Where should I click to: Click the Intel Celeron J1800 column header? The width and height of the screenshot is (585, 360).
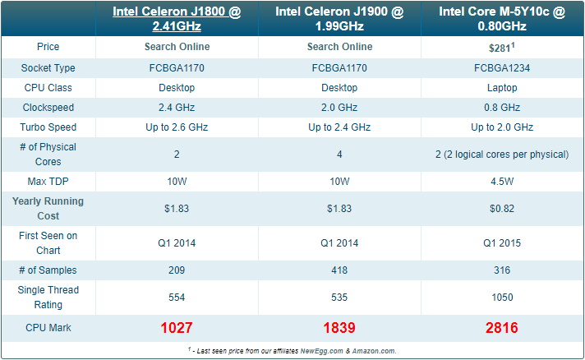pyautogui.click(x=177, y=19)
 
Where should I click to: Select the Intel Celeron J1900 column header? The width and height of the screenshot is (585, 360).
pyautogui.click(x=339, y=19)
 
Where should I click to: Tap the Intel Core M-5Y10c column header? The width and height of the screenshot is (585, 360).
pyautogui.click(x=502, y=19)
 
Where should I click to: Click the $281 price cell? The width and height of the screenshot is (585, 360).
pyautogui.click(x=502, y=48)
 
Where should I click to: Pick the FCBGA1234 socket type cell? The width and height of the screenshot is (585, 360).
pyautogui.click(x=502, y=68)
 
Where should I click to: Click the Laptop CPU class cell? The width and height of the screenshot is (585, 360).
pyautogui.click(x=502, y=88)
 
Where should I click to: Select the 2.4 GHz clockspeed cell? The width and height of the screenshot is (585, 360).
pyautogui.click(x=177, y=108)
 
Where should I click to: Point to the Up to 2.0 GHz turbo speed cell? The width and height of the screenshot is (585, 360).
pyautogui.click(x=502, y=127)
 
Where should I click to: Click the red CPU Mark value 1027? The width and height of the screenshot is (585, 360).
pyautogui.click(x=177, y=328)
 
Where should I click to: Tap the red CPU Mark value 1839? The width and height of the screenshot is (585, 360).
pyautogui.click(x=339, y=328)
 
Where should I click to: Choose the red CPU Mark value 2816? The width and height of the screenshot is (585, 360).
pyautogui.click(x=502, y=328)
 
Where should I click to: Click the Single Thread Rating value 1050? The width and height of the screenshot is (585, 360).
pyautogui.click(x=502, y=298)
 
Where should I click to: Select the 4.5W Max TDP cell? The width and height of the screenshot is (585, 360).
pyautogui.click(x=502, y=182)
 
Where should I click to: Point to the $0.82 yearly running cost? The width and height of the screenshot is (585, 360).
pyautogui.click(x=502, y=209)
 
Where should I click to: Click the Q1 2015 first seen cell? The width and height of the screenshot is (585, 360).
pyautogui.click(x=502, y=243)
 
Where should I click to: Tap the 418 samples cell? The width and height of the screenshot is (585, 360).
pyautogui.click(x=339, y=270)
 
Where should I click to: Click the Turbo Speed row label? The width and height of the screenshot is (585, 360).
pyautogui.click(x=48, y=127)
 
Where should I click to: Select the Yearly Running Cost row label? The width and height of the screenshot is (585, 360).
pyautogui.click(x=48, y=209)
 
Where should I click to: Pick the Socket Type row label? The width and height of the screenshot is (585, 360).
pyautogui.click(x=48, y=68)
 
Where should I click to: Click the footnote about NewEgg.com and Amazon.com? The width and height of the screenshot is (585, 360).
pyautogui.click(x=292, y=351)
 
